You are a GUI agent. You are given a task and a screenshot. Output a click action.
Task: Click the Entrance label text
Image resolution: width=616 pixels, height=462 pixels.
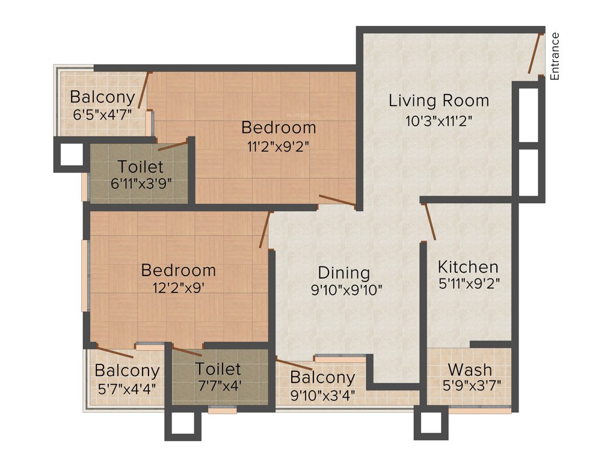(x=555, y=56)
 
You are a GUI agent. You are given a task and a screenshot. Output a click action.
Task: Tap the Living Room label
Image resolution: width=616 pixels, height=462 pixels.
(x=439, y=100)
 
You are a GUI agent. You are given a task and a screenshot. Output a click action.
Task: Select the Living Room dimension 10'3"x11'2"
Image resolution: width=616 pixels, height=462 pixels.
(x=439, y=120)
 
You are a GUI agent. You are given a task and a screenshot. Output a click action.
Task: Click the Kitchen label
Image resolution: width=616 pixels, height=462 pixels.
(x=468, y=266)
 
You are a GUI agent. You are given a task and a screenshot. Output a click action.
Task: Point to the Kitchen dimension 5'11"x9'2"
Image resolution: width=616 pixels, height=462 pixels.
(x=469, y=282)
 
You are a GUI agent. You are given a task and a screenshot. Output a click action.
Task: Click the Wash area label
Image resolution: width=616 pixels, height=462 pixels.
(x=470, y=369)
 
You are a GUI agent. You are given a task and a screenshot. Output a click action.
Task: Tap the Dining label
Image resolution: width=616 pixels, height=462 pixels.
(x=344, y=273)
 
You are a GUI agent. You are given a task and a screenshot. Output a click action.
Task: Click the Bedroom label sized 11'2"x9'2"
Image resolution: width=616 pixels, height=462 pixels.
(x=279, y=128)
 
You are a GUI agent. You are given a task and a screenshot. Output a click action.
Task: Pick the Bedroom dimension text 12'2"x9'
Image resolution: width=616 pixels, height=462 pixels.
(x=178, y=287)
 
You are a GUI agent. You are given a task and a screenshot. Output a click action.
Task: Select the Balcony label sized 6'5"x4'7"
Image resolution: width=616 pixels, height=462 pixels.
(x=102, y=97)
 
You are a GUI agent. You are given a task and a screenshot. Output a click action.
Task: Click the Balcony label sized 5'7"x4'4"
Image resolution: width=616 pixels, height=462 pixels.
(x=127, y=371)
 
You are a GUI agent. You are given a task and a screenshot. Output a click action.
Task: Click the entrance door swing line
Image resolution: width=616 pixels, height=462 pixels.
(x=534, y=54)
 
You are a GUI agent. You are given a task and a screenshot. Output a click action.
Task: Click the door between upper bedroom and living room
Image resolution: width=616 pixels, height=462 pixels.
(x=337, y=201)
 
